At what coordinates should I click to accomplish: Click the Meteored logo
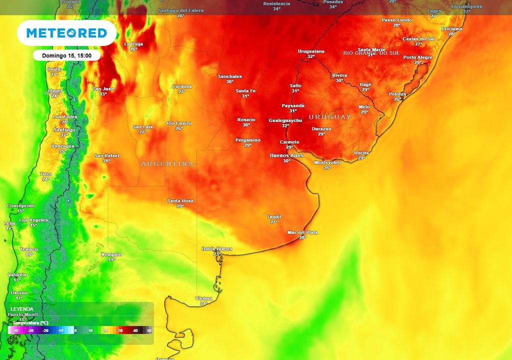click(66, 33)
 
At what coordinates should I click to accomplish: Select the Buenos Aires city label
click(286, 155)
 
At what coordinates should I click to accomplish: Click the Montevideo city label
click(327, 162)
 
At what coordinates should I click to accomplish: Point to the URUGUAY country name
click(330, 117)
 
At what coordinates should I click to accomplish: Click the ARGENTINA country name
click(167, 164)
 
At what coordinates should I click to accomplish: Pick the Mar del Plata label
click(302, 232)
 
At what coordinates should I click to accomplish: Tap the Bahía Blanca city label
click(217, 248)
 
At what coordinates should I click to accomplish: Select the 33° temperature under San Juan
click(103, 94)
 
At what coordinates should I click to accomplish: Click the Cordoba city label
click(181, 86)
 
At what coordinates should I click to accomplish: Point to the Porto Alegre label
click(417, 57)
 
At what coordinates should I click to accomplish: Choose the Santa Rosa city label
click(180, 201)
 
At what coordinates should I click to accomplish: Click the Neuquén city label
click(111, 254)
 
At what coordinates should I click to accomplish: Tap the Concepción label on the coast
click(20, 205)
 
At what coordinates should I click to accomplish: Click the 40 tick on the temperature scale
click(134, 331)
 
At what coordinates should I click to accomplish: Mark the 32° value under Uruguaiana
click(311, 56)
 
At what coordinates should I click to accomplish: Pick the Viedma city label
click(203, 298)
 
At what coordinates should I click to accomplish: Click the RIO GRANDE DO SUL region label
click(371, 53)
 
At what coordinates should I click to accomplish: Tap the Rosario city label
click(246, 119)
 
